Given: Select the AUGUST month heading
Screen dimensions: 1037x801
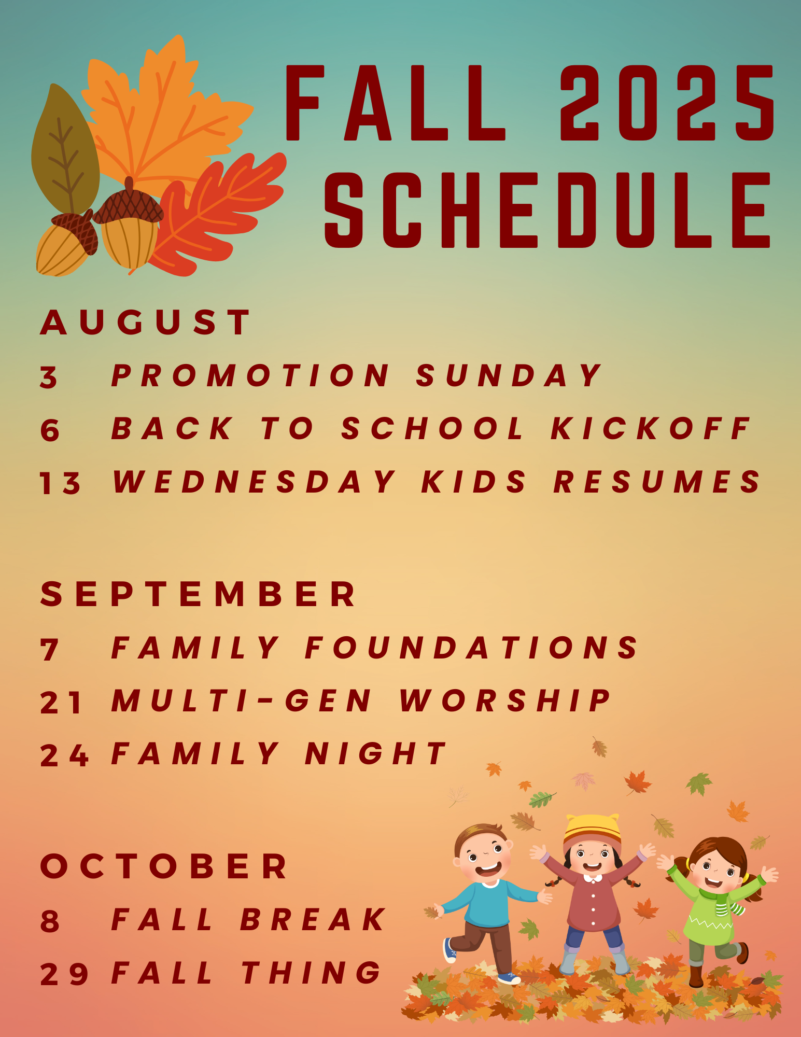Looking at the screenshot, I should pos(146,322).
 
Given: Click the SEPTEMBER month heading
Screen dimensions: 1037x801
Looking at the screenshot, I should pos(198,594).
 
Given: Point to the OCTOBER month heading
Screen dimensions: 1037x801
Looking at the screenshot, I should pos(164,866).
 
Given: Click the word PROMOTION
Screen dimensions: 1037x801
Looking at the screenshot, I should pos(251,375).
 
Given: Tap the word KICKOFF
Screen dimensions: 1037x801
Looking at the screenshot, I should pos(650,429).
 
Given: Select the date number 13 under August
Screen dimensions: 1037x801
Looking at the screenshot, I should pos(60,483).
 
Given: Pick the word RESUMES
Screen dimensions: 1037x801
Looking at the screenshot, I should pos(657,482).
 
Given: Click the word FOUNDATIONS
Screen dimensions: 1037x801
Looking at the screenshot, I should pos(472,648).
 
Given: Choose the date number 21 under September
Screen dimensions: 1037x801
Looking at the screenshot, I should pos(61,703).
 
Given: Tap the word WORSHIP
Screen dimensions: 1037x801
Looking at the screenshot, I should pos(505,701).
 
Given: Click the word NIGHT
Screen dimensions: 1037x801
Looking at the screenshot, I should pos(375,754).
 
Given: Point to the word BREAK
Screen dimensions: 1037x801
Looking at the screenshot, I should pos(313,920).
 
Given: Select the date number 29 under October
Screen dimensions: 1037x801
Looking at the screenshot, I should pos(64,974).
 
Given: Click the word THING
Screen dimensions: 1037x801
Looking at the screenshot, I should pos(312,973).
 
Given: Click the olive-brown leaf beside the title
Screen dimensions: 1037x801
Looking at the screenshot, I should pos(65,150).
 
